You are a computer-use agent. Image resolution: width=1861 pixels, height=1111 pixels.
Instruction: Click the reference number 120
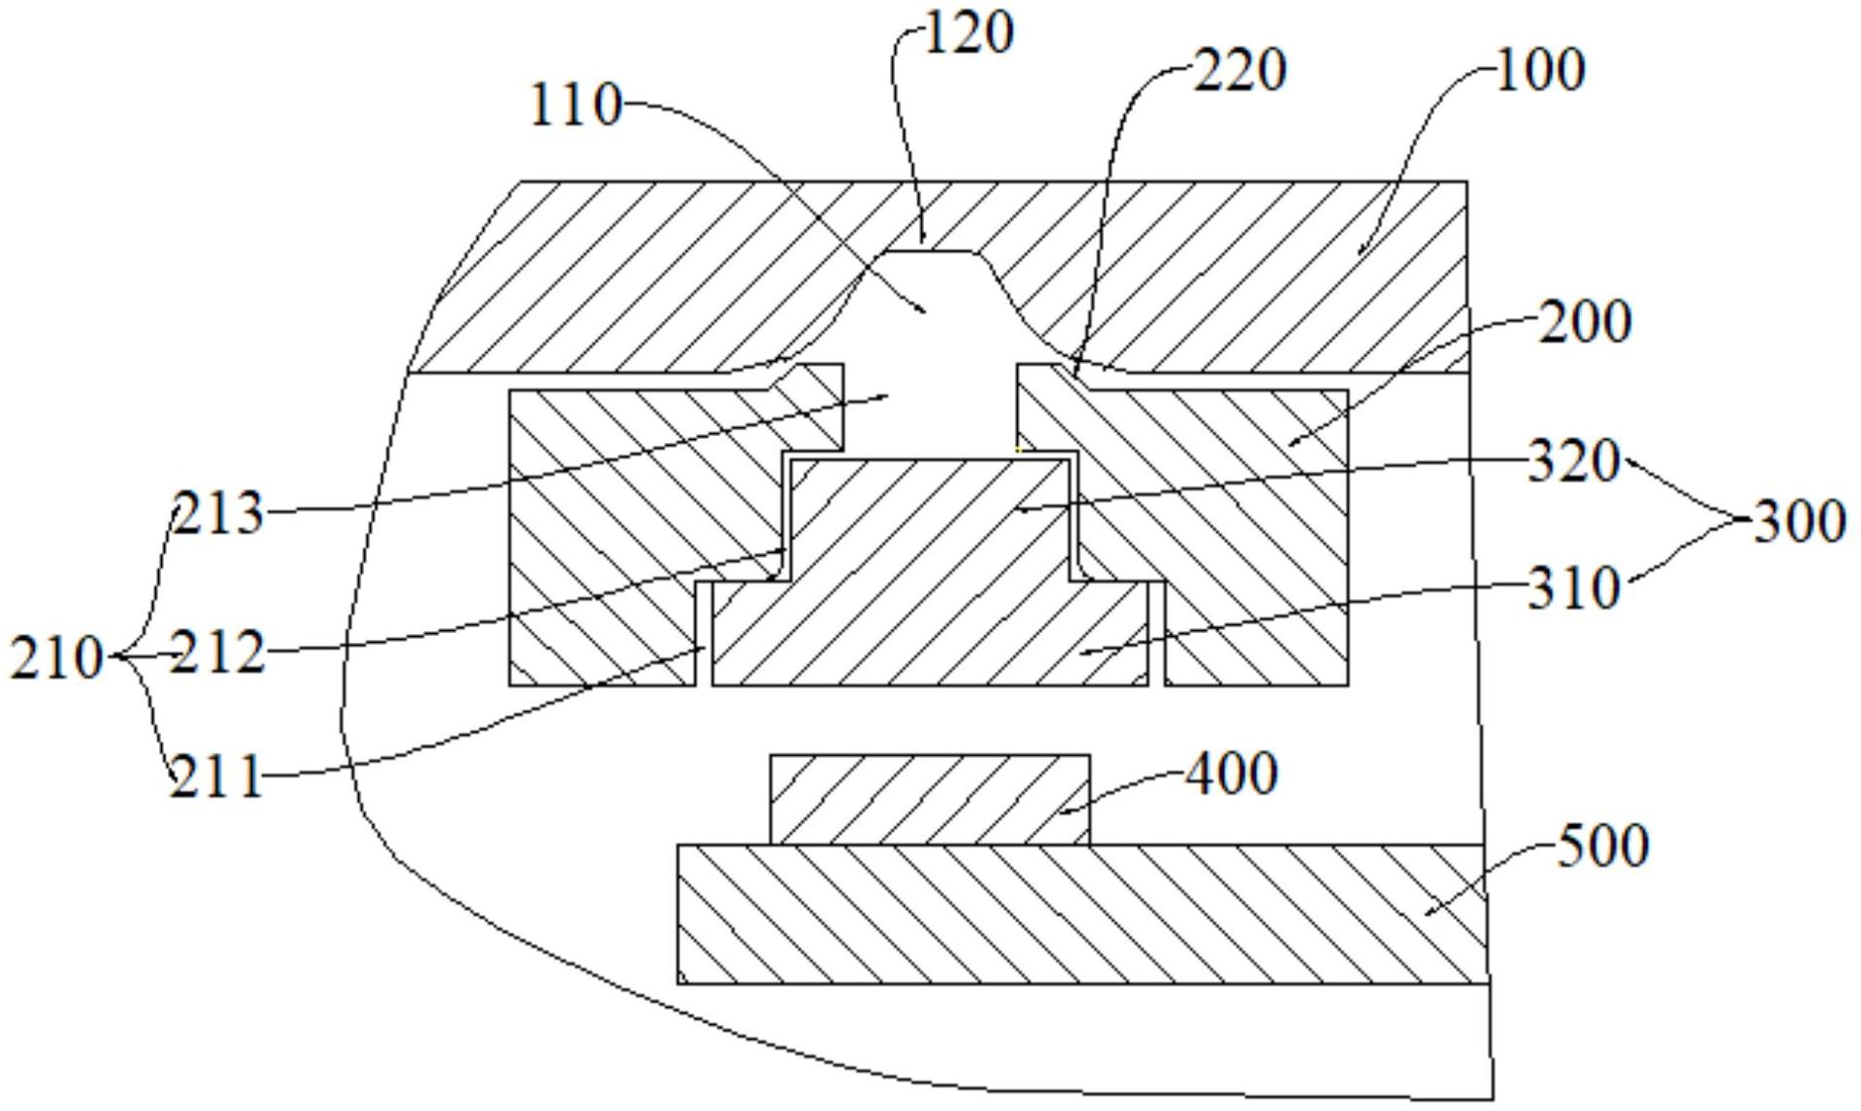[968, 33]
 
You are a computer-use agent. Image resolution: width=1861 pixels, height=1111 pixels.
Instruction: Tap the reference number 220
[1240, 71]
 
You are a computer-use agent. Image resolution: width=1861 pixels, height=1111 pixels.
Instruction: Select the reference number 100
[1540, 71]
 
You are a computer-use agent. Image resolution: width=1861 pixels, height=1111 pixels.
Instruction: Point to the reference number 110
[575, 105]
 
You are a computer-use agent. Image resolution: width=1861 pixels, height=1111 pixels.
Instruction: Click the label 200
[1585, 322]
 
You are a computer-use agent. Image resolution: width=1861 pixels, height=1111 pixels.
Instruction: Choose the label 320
[1573, 461]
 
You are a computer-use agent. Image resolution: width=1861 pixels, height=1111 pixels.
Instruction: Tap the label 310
[1573, 589]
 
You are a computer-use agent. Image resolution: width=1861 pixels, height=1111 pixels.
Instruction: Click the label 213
[218, 513]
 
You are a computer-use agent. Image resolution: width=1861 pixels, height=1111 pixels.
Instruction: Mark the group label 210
[57, 657]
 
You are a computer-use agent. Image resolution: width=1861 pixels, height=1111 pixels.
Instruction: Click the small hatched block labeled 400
[930, 800]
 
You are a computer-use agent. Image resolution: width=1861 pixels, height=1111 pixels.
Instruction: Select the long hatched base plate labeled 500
[1082, 914]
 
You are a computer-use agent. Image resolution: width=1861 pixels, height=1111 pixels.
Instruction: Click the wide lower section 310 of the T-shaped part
[930, 634]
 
